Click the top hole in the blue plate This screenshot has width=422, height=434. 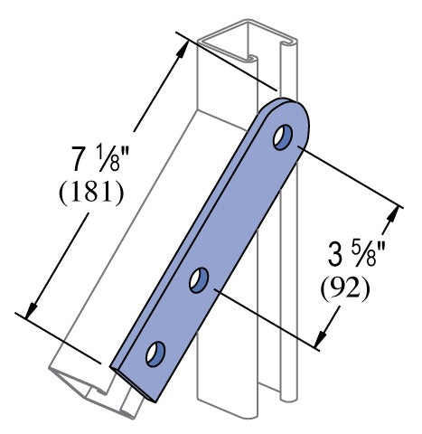tap(283, 137)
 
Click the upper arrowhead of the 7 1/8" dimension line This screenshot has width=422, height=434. tap(184, 48)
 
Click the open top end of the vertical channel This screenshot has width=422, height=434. tap(244, 45)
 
